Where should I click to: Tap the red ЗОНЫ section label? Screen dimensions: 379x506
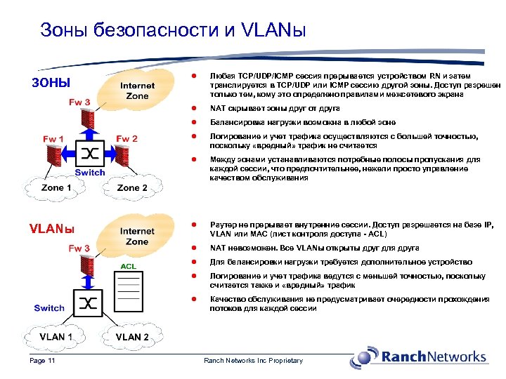coord(52,83)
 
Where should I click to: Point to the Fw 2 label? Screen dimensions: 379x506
coord(126,139)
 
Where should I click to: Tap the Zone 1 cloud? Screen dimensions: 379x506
coord(56,187)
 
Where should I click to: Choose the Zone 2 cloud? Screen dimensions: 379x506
coord(132,187)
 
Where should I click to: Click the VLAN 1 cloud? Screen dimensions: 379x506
coord(56,336)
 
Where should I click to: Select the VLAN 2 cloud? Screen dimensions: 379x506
coord(132,336)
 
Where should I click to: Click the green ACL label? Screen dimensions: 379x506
coord(128,267)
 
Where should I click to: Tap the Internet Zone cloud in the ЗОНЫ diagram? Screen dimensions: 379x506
coord(137,91)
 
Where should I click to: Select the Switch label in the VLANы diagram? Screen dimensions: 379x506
coord(49,308)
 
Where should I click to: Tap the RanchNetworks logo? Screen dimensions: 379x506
coord(422,356)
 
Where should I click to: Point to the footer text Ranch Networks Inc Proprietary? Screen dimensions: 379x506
coord(253,361)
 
